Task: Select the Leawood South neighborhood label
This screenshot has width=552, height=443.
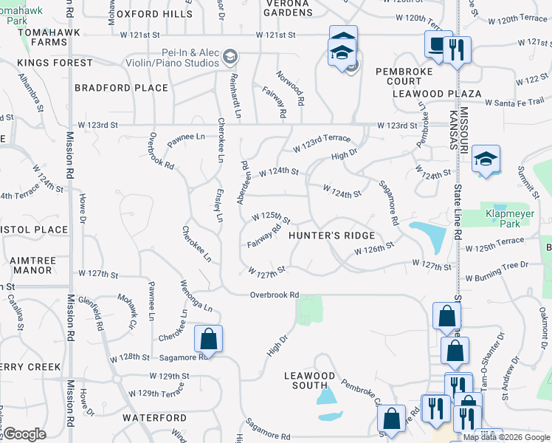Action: [310, 380]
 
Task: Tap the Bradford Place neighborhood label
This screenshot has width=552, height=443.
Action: [122, 88]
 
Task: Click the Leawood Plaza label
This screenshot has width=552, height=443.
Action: [437, 94]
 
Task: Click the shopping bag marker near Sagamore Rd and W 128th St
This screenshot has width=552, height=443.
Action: [208, 340]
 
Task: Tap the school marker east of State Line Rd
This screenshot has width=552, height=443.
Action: [486, 160]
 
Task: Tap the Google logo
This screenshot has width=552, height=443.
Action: [24, 435]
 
